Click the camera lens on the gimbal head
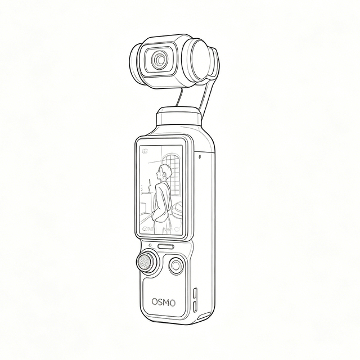(159, 60)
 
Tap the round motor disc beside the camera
(201, 60)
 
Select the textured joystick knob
(145, 262)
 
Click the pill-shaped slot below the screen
(166, 246)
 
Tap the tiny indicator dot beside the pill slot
(150, 245)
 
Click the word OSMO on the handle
(164, 302)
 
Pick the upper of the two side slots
(195, 294)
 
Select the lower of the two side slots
(195, 307)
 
